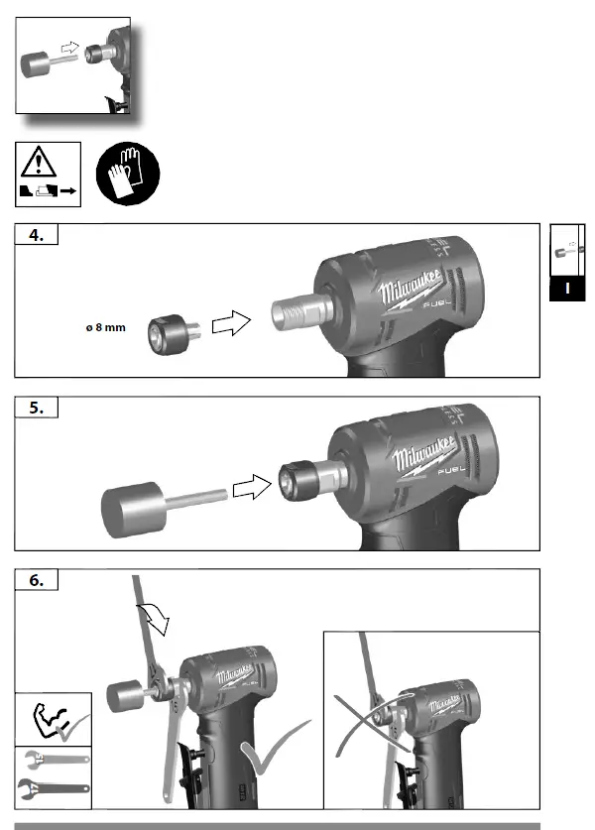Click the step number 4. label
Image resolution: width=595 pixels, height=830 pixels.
point(35,235)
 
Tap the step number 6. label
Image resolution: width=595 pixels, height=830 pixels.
point(36,581)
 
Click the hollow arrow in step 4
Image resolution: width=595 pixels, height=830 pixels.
point(235,323)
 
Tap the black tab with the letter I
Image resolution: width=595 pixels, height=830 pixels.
point(567,289)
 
